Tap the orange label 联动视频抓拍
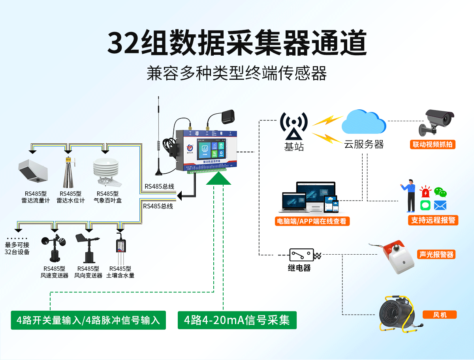[433, 144]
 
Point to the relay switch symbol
[302, 255]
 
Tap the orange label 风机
[440, 315]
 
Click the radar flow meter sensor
[33, 172]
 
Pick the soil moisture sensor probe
[120, 249]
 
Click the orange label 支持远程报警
[433, 220]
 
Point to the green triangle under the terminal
[218, 179]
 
